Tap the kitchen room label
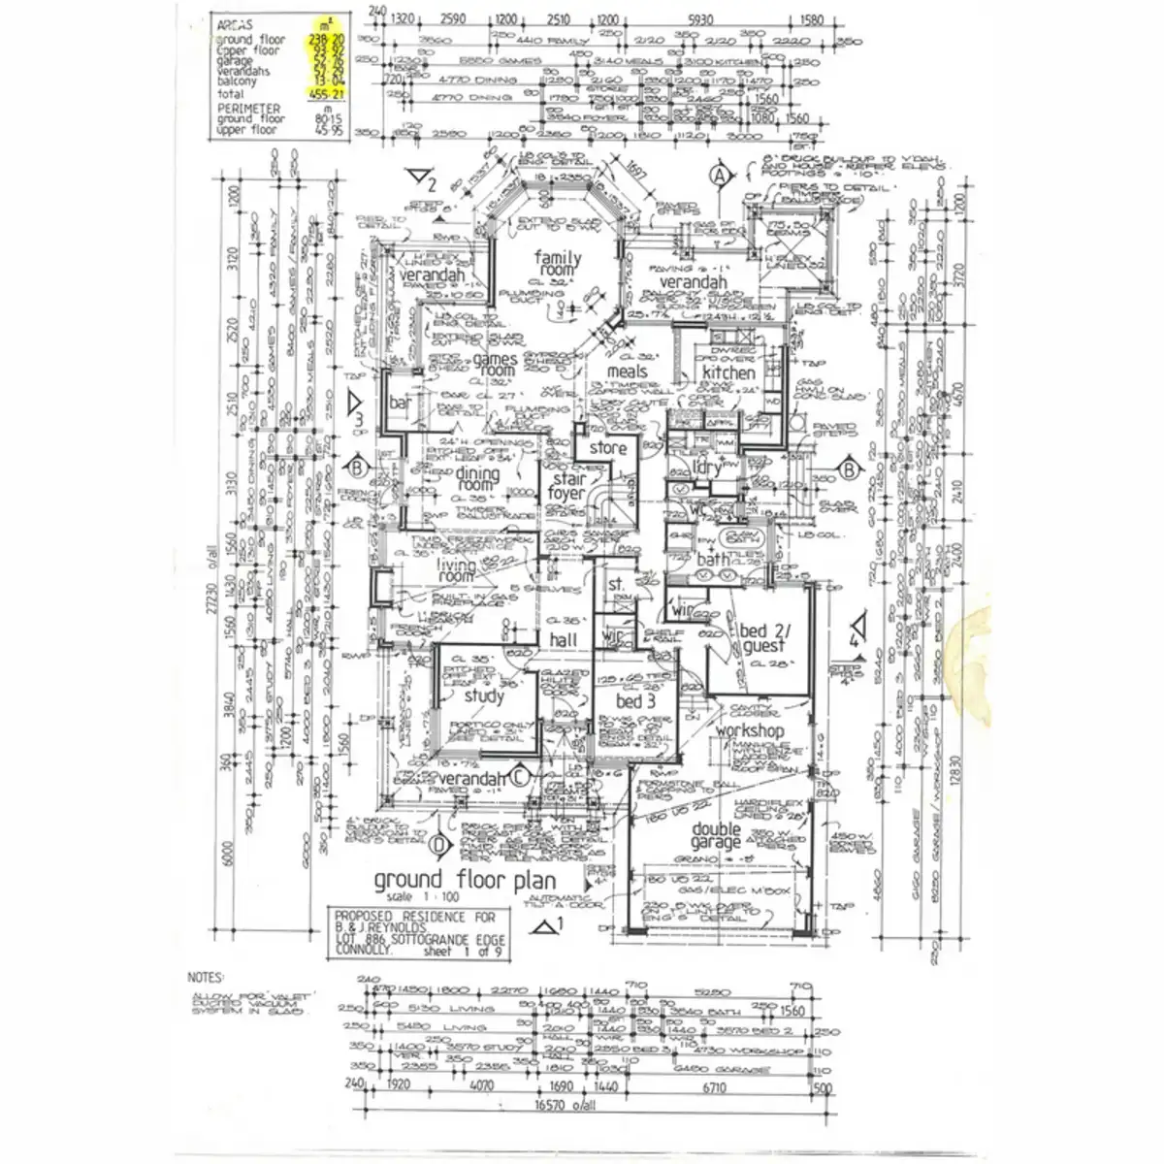[728, 372]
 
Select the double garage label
[717, 837]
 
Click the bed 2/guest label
[761, 639]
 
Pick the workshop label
[749, 730]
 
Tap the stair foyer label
[566, 486]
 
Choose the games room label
[495, 364]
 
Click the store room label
[608, 449]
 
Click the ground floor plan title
[465, 881]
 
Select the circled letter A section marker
[719, 176]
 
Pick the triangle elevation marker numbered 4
[857, 631]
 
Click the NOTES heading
[206, 978]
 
